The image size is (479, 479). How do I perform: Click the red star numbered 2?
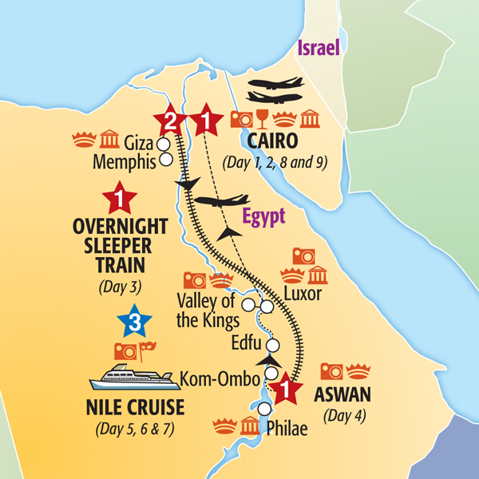169,121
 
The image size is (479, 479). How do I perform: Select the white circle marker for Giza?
164,144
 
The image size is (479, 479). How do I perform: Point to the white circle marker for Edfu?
273,346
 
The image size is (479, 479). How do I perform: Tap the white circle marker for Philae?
264,410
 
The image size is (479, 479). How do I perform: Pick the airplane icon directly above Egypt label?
219,201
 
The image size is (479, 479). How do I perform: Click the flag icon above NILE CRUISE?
147,350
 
